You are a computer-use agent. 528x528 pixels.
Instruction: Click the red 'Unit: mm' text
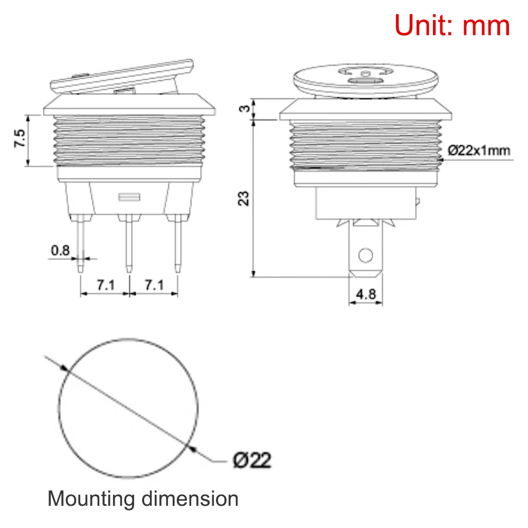tap(452, 25)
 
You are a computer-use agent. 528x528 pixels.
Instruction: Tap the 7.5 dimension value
tap(20, 138)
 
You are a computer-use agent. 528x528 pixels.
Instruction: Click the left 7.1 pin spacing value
tap(105, 285)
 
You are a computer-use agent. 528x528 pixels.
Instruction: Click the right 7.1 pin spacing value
tap(154, 285)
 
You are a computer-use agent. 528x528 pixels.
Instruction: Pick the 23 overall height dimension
tap(244, 197)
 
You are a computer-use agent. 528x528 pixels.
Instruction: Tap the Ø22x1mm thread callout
tap(479, 150)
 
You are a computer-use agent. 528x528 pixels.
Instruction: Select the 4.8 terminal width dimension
tap(365, 294)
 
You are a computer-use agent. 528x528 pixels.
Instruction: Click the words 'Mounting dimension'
tap(143, 498)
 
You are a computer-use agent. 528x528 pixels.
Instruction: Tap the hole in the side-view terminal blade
tap(364, 257)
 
